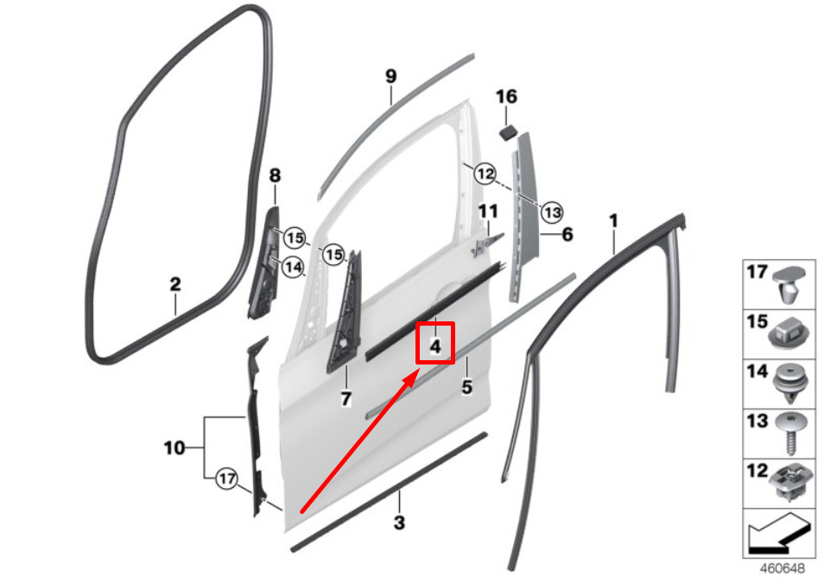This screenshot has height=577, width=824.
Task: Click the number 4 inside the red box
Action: click(435, 346)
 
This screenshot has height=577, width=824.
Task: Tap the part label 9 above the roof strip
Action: click(391, 76)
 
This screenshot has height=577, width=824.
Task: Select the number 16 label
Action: click(506, 97)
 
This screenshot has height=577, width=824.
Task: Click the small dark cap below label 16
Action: click(508, 131)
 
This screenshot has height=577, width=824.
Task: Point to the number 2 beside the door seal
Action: click(175, 284)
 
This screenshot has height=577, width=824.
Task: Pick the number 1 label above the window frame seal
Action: click(613, 221)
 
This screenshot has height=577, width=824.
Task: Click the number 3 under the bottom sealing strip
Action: click(399, 523)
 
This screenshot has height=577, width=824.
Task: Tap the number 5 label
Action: click(466, 387)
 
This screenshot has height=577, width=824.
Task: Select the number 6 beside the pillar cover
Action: click(567, 234)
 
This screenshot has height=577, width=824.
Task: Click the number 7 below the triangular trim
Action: click(345, 399)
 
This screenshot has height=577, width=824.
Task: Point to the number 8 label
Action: click(275, 175)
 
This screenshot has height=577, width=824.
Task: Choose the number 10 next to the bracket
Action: click(174, 447)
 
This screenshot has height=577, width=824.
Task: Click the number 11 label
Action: click(487, 212)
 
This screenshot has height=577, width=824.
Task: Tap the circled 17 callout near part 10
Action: click(226, 479)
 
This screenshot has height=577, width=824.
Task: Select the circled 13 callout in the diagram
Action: click(552, 212)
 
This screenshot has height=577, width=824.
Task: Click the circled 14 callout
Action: click(293, 267)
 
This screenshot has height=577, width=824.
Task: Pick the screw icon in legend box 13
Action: click(789, 434)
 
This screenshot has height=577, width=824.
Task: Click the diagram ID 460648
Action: click(783, 568)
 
